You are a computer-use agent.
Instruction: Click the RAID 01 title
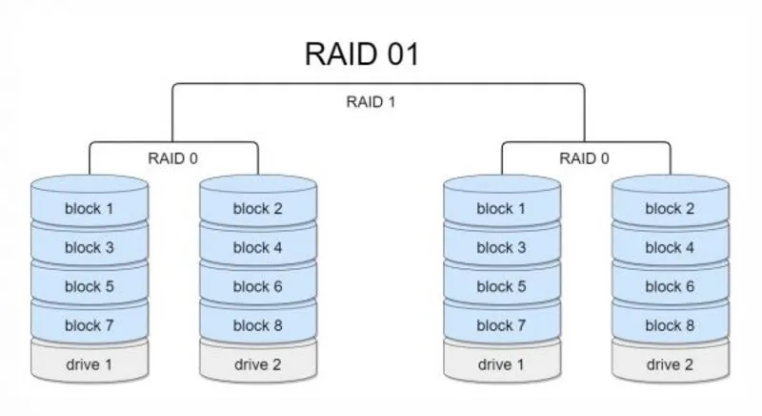click(362, 53)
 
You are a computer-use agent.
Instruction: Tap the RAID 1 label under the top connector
click(370, 101)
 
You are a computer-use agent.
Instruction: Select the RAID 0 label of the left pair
click(172, 158)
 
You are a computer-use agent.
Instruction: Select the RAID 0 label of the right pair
click(584, 158)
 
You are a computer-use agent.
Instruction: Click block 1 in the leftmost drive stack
click(89, 209)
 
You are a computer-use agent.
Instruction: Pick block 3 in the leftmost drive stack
click(89, 248)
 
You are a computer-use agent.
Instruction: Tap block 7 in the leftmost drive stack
click(89, 325)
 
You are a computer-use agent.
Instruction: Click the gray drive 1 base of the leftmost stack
click(89, 364)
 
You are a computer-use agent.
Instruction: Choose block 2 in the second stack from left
click(257, 209)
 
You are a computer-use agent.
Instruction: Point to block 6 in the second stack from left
click(257, 286)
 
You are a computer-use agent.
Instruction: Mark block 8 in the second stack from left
click(257, 325)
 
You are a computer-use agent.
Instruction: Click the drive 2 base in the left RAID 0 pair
click(257, 364)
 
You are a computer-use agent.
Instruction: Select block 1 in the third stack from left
click(501, 209)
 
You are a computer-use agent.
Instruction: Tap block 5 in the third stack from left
click(501, 286)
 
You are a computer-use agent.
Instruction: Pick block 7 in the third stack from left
click(501, 325)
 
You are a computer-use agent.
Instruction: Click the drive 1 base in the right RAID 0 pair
click(501, 364)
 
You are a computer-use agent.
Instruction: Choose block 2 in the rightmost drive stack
click(670, 209)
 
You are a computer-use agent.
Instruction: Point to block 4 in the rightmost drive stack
click(670, 248)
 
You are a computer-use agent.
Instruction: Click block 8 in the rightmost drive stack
click(670, 325)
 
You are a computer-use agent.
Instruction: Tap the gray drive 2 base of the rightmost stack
click(670, 364)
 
